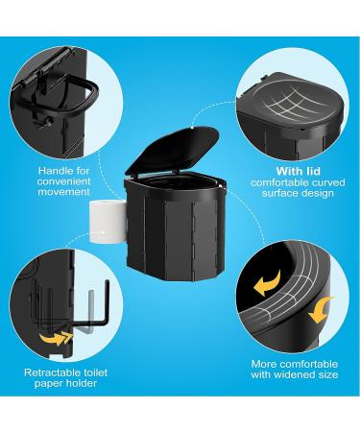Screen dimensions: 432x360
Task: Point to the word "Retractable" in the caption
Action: (48, 370)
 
